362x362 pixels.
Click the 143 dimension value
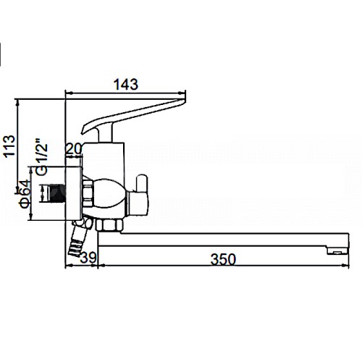(x=126, y=85)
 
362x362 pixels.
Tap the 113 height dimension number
(x=9, y=146)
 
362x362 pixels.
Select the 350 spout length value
(x=223, y=260)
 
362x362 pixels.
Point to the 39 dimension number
(x=88, y=258)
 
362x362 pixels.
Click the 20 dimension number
(x=74, y=149)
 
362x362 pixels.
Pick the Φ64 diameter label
(x=25, y=194)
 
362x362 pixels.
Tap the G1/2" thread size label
(x=41, y=156)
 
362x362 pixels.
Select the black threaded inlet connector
(x=57, y=193)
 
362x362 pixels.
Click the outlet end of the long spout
(x=338, y=251)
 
